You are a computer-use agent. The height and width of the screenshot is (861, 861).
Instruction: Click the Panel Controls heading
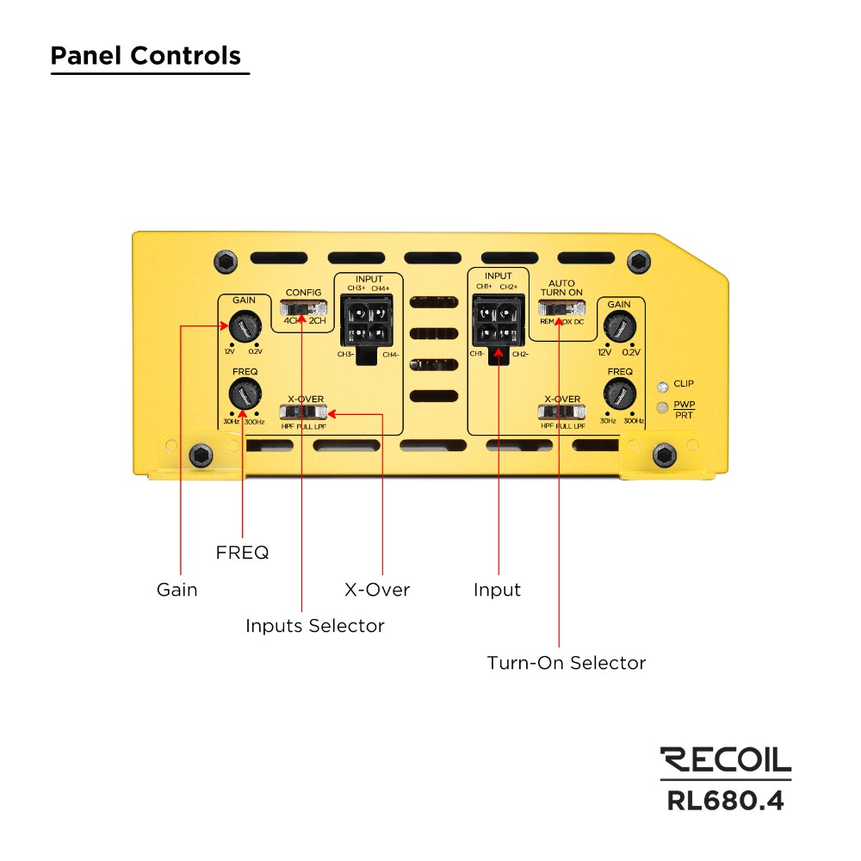coord(146,56)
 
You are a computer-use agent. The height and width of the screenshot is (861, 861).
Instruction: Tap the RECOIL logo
coord(725,759)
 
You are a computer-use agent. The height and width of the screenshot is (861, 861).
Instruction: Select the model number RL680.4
coord(725,800)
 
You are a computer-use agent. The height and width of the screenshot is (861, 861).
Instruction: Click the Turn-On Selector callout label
coord(566,663)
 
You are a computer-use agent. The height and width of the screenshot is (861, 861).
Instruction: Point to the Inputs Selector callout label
coord(314,626)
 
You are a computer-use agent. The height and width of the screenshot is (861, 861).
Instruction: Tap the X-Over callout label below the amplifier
coord(377,590)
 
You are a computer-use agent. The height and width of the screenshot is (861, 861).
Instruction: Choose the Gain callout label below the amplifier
coord(177,590)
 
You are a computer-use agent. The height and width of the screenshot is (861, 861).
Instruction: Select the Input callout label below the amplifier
coord(497,590)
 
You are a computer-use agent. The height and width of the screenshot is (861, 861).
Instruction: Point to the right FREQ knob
coord(617,395)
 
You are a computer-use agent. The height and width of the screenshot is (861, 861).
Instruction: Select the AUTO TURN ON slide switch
coord(561,308)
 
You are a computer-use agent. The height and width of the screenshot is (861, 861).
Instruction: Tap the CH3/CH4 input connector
coord(366,321)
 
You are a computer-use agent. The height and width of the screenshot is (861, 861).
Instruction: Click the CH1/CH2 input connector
coord(499,321)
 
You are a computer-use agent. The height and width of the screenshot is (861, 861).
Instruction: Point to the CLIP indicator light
coord(661,385)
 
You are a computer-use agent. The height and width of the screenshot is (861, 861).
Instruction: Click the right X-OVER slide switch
coord(561,412)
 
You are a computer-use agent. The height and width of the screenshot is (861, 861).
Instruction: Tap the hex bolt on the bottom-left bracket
coord(201,454)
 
